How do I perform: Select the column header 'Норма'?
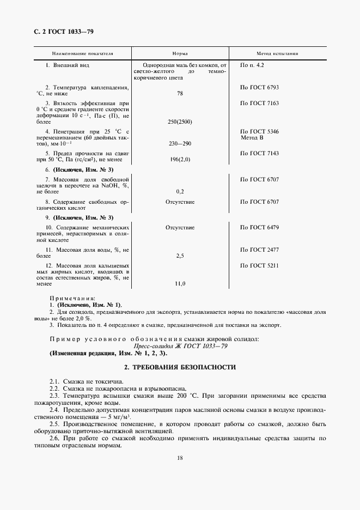180,54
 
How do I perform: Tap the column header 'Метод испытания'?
277,54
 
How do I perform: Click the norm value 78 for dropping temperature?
180,94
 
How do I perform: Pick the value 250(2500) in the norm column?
180,122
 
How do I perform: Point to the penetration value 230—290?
180,143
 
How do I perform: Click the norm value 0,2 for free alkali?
180,192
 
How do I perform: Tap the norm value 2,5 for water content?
180,255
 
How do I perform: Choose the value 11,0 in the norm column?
180,283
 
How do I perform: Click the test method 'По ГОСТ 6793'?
259,87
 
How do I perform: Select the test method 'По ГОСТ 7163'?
259,103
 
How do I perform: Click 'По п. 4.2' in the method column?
252,65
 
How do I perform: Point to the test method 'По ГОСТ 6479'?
259,227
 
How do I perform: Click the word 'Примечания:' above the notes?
72,299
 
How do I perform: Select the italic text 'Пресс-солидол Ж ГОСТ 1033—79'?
180,345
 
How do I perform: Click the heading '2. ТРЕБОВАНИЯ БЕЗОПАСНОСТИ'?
180,367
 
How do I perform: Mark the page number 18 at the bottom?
180,458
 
